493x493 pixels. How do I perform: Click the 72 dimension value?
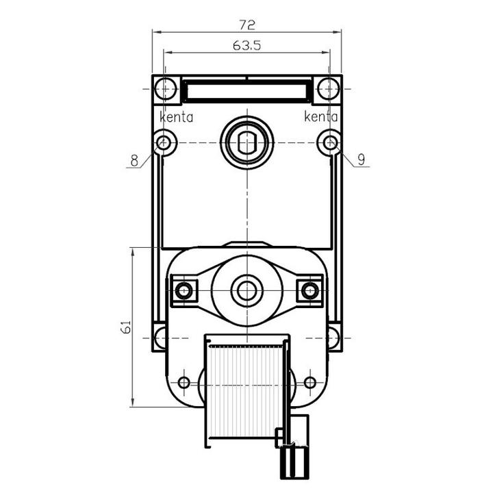247,25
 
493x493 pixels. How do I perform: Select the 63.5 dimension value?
246,46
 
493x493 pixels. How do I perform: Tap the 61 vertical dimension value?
127,327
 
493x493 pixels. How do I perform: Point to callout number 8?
134,161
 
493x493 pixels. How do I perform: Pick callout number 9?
362,160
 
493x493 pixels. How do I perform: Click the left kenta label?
176,117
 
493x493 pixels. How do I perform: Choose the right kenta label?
320,116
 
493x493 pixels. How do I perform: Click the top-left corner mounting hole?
166,88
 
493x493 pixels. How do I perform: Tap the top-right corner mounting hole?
328,88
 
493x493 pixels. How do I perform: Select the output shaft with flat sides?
247,143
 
